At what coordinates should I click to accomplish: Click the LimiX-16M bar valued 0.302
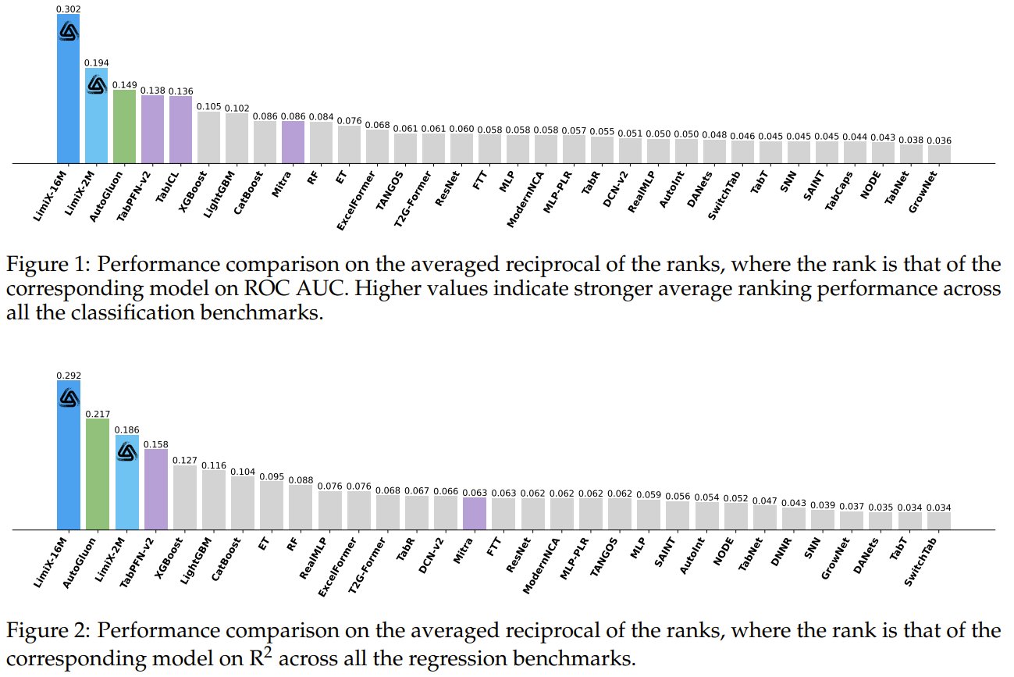coord(68,94)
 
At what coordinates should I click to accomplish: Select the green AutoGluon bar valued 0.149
coord(124,126)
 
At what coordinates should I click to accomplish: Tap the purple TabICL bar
coord(180,130)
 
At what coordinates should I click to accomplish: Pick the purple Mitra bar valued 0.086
coord(293,142)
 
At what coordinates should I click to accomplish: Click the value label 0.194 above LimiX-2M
coord(96,62)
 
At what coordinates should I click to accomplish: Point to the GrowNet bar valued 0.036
coord(939,154)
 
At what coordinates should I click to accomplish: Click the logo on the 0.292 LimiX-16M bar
coord(69,397)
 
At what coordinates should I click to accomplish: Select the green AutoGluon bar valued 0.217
coord(97,474)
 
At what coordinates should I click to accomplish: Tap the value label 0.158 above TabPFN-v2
coord(155,443)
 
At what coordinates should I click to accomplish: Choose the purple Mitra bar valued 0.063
coord(475,514)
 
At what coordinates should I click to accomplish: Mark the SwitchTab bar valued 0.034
coord(939,521)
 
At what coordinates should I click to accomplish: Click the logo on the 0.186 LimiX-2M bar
coord(126,451)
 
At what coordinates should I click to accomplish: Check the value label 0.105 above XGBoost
coord(208,107)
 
